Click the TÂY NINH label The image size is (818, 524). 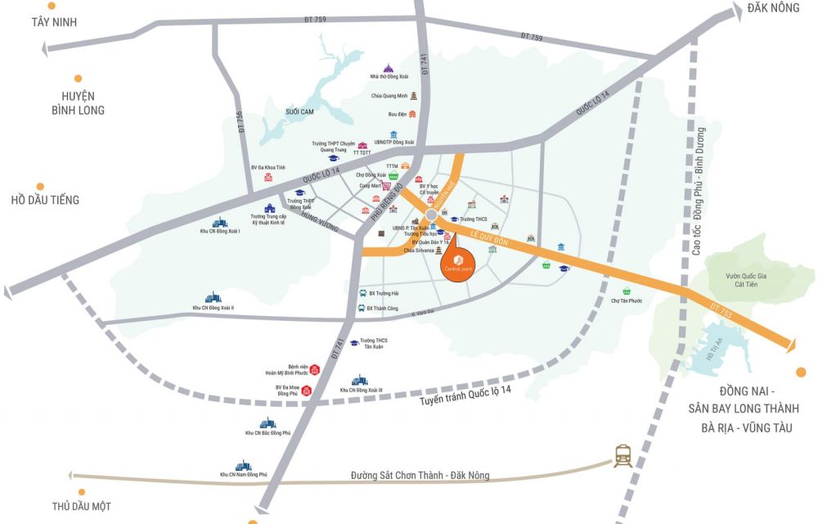click(x=54, y=22)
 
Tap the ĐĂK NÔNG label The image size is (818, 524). click(x=772, y=7)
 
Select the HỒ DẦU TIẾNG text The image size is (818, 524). click(x=45, y=200)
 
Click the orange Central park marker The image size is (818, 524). click(x=458, y=268)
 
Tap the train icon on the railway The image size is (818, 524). click(x=623, y=456)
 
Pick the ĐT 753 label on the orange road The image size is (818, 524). click(x=717, y=309)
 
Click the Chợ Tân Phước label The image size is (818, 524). click(x=627, y=300)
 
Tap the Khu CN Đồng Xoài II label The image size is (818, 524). click(x=213, y=308)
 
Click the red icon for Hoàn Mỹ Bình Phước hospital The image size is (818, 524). click(x=314, y=371)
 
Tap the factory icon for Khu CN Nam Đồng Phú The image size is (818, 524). click(x=243, y=465)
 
